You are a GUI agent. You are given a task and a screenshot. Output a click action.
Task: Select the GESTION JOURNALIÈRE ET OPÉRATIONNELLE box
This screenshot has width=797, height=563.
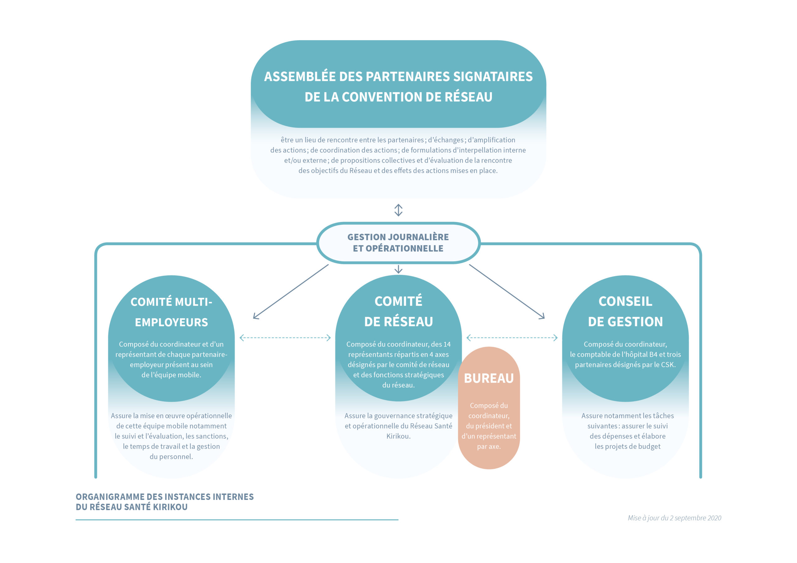pos(398,243)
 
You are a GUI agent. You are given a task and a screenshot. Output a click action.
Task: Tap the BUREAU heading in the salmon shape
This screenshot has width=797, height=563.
pos(489,378)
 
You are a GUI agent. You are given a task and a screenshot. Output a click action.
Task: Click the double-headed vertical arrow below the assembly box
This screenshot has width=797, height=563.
pos(398,210)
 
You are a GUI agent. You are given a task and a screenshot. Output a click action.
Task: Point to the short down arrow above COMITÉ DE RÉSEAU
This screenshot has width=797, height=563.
pos(398,269)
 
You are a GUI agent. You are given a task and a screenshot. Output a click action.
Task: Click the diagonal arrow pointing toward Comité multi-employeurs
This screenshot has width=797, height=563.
pos(291,291)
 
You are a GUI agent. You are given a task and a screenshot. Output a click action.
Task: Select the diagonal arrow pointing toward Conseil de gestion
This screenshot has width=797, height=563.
pos(507,291)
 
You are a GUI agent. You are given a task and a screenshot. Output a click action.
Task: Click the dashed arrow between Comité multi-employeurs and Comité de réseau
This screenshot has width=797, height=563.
pos(285,337)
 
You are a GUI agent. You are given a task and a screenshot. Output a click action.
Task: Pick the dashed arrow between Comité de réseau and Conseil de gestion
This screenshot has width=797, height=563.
pos(512,337)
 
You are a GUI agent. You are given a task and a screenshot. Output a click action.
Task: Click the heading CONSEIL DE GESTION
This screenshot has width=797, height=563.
pos(625,311)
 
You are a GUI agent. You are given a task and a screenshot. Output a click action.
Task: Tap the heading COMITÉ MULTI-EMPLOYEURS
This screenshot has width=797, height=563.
pos(171,312)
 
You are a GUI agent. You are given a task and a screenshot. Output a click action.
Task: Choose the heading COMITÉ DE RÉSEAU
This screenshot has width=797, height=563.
pos(398,311)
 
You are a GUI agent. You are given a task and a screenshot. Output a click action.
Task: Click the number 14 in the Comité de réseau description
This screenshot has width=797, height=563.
pos(447,344)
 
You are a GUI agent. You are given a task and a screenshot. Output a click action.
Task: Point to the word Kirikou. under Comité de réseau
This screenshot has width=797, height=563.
pos(398,436)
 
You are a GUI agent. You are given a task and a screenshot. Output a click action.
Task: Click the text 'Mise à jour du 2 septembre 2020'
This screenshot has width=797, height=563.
pos(674,518)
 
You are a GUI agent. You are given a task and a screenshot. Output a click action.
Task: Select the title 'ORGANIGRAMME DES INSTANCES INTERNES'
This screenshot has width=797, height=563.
pos(165,497)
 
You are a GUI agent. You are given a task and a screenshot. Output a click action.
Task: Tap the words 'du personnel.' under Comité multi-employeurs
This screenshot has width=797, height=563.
pos(171,457)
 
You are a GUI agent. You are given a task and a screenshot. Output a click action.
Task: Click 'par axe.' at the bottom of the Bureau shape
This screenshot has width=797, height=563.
pos(489,446)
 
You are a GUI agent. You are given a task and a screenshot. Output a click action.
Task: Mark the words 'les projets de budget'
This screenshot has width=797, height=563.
pos(628,446)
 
